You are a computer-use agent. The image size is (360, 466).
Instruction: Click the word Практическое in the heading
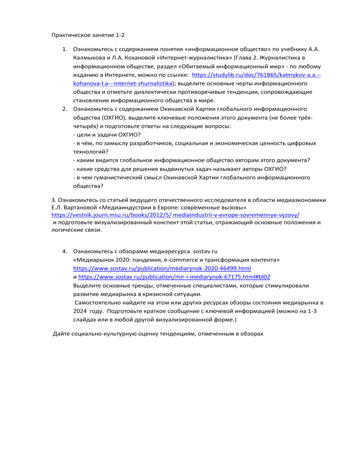pos(69,34)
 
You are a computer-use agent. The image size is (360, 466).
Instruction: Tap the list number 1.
pos(64,49)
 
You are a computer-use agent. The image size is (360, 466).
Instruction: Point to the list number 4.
pos(64,250)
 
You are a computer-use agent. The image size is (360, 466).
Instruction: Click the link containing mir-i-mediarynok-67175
pos(174,277)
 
